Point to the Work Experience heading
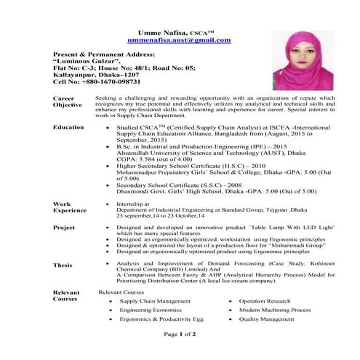(71, 208)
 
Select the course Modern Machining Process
(275, 310)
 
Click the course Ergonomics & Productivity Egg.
(161, 319)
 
